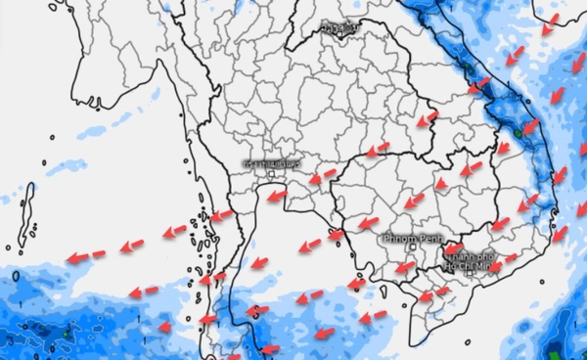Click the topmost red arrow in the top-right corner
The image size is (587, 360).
pos(552,22)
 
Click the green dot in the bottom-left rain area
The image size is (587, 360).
pos(65,334)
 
